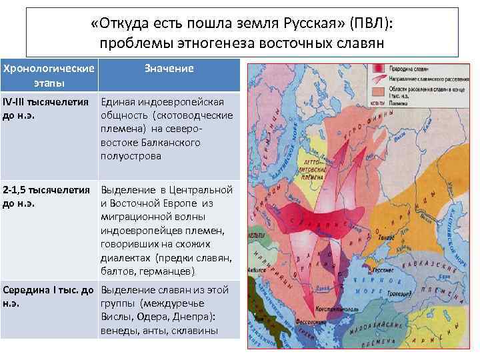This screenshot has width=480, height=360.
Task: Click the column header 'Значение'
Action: coord(169,69)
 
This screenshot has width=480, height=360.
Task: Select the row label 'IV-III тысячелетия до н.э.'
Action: coord(45,109)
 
